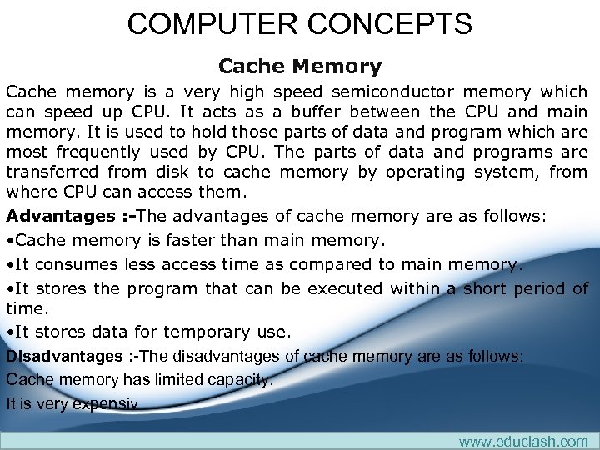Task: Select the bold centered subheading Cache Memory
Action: pos(300,66)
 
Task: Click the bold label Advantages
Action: pos(58,216)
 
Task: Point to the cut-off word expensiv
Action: pos(106,404)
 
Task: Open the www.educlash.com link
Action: pos(522,441)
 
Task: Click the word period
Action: pos(534,288)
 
